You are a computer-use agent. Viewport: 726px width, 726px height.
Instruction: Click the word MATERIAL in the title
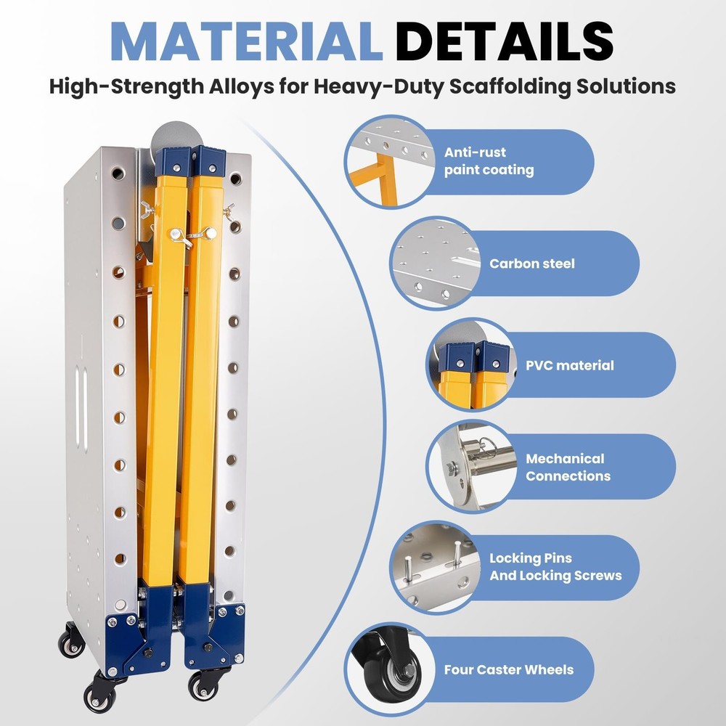(x=246, y=41)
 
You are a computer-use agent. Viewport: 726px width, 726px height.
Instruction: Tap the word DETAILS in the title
(x=505, y=41)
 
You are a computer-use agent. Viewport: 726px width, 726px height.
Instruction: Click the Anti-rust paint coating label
(x=489, y=161)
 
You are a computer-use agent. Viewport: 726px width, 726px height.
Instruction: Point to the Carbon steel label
(x=532, y=264)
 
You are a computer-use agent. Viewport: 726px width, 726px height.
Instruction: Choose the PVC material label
(x=569, y=365)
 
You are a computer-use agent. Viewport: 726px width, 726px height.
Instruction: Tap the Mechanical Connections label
(x=568, y=467)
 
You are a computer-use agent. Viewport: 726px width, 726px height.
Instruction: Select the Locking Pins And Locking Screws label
(x=555, y=567)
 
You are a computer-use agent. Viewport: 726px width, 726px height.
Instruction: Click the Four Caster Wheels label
(x=509, y=669)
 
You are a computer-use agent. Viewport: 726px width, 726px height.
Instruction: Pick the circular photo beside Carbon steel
(x=436, y=264)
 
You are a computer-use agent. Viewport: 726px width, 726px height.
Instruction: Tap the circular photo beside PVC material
(x=473, y=365)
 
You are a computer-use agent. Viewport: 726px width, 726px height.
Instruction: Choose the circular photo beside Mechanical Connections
(x=473, y=466)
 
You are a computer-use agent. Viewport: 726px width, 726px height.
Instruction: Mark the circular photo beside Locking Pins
(x=436, y=568)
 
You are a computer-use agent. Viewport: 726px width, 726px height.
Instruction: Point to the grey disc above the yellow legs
(x=178, y=136)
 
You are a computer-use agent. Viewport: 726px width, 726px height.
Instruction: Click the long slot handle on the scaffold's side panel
(x=81, y=409)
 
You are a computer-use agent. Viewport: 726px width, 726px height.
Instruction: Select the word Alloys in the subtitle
(x=241, y=86)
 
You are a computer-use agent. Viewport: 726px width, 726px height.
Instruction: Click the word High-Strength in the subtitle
(x=126, y=86)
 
